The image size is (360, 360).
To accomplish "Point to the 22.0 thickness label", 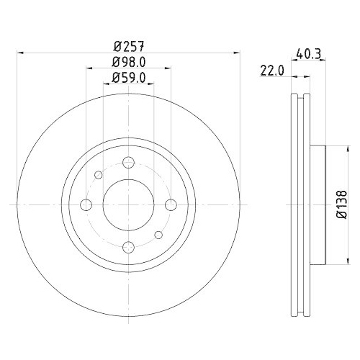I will (x=272, y=70).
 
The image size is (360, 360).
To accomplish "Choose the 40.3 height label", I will (x=308, y=53).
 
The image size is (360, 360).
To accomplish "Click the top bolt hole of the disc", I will (x=128, y=162).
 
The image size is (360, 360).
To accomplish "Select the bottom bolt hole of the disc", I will (x=128, y=248).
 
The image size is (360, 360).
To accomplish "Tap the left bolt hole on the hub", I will (x=86, y=205).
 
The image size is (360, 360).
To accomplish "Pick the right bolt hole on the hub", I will (x=171, y=205).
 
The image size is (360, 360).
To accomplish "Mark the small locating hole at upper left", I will (x=99, y=175).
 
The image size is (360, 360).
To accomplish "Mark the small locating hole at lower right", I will (x=158, y=235).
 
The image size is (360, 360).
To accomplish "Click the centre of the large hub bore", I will (x=128, y=205).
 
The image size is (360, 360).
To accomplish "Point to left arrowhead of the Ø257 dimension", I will (x=20, y=53).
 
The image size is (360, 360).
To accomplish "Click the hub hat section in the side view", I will (x=318, y=205).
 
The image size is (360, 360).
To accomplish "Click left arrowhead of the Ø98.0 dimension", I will (x=89, y=70).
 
